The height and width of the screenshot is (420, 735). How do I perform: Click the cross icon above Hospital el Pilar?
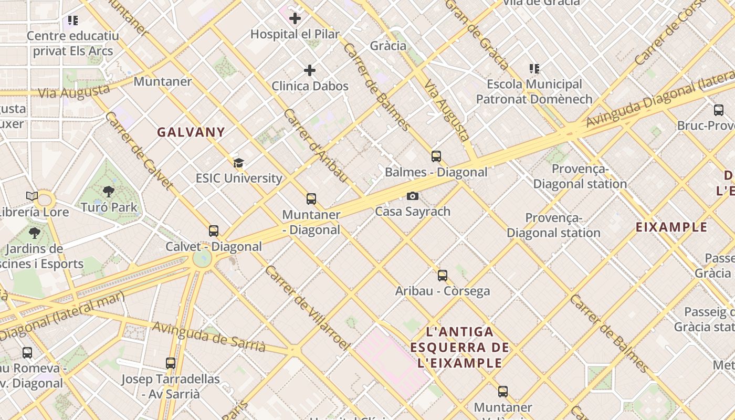tap(295, 18)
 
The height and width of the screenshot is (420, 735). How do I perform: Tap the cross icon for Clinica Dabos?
tap(310, 70)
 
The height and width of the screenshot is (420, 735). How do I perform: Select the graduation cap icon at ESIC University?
tap(238, 163)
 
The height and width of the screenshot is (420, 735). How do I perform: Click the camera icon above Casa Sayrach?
tap(413, 196)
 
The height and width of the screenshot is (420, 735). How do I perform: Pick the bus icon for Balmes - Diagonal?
tap(436, 156)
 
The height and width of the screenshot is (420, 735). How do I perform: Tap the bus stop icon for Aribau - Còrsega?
tap(443, 275)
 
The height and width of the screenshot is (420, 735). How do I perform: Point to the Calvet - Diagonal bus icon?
tap(213, 230)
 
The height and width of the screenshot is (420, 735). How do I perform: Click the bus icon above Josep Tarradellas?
tap(170, 363)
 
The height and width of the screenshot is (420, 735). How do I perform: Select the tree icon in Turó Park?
tap(109, 191)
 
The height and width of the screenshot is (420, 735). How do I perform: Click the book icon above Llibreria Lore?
tap(32, 196)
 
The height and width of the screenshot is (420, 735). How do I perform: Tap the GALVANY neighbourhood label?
tap(191, 132)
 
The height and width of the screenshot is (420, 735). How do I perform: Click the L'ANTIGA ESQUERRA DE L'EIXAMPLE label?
tap(460, 347)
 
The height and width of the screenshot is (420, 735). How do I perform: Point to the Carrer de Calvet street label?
tap(139, 151)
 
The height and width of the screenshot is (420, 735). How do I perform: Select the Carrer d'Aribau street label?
tap(316, 146)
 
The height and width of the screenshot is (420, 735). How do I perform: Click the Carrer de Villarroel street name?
tap(307, 308)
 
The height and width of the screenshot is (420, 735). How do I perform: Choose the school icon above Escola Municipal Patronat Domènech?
tap(534, 68)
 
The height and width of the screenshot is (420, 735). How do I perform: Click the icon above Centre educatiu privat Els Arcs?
tap(72, 20)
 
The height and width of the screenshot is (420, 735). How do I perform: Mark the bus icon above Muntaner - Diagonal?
tap(311, 198)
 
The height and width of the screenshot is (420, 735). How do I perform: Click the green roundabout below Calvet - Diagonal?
tap(202, 258)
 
